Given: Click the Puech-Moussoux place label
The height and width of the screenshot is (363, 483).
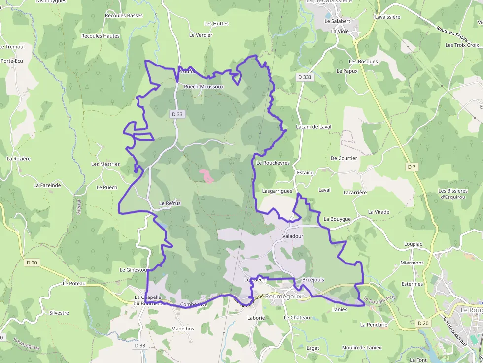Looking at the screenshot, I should (204, 87).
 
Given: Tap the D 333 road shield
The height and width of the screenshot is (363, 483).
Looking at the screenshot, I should (305, 77).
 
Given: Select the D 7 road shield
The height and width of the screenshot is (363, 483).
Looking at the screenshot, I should (412, 167).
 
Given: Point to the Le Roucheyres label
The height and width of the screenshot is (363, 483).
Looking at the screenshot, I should (273, 163).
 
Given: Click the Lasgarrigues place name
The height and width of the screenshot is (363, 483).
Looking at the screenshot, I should (277, 191).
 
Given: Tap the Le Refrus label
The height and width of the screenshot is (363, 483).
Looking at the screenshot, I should (170, 203).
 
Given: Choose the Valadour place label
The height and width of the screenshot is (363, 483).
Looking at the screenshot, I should (293, 236).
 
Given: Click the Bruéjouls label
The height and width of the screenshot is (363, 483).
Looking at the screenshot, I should (313, 279).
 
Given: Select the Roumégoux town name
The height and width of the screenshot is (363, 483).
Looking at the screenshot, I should (283, 297).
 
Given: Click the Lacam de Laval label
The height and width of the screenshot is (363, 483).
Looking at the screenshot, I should (313, 127).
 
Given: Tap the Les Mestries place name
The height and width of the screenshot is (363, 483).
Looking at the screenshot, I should (105, 164).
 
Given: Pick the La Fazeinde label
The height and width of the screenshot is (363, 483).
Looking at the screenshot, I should (47, 185).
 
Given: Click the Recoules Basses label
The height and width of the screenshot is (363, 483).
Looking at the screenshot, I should (124, 16).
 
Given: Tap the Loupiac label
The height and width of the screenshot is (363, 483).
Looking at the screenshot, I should (413, 244).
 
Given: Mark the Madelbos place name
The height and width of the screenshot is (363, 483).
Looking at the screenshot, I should (182, 329).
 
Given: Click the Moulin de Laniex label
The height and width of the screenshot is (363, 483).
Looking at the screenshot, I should (362, 347).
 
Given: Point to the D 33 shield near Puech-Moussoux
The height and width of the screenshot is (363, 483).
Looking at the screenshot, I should (177, 114).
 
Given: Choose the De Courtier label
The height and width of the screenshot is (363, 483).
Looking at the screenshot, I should (344, 158).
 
